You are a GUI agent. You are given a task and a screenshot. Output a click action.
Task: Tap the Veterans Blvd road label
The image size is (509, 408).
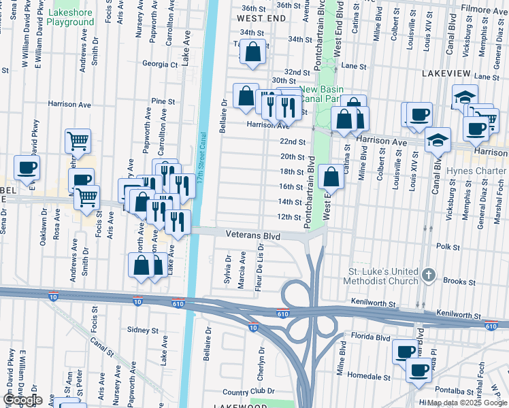point(253,235)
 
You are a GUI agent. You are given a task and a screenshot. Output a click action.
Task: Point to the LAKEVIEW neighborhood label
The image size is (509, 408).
point(446,72)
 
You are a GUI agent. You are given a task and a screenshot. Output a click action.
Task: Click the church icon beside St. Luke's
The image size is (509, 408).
point(427,275)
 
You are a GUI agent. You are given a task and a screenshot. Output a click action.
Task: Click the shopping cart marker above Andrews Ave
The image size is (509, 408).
point(78,141)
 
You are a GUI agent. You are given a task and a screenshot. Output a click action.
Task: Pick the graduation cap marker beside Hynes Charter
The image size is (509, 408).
point(437,141)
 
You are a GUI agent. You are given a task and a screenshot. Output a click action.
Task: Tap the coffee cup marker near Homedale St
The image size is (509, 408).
point(418,370)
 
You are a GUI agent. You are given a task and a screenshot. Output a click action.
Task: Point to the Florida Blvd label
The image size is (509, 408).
point(371,337)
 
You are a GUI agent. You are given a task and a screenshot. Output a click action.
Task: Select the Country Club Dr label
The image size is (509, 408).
point(248,392)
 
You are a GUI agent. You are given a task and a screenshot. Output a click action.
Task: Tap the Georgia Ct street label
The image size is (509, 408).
point(159,65)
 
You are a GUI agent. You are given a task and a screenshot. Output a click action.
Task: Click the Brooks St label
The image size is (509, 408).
point(459,281)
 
